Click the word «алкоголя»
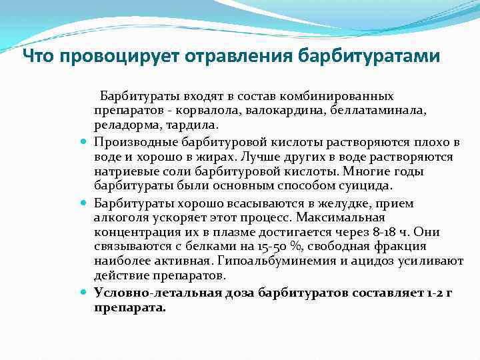click(119, 217)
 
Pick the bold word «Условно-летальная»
click(147, 293)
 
